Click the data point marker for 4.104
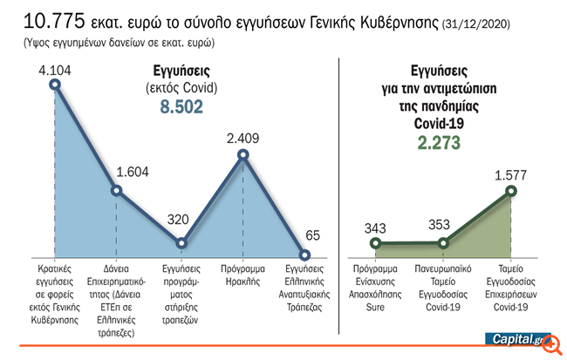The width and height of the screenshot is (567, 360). (55, 85)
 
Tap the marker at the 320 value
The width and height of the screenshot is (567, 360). (181, 243)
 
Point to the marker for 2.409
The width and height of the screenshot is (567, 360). (243, 156)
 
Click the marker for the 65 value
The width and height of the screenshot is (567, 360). (305, 255)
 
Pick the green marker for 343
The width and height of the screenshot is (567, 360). (376, 244)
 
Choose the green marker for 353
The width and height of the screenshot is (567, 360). (444, 243)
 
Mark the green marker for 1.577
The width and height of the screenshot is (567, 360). (511, 190)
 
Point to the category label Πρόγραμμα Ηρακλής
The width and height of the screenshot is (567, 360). (243, 276)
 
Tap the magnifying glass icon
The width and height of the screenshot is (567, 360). (551, 344)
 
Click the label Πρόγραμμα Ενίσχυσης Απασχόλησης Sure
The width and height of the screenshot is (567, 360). (376, 282)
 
